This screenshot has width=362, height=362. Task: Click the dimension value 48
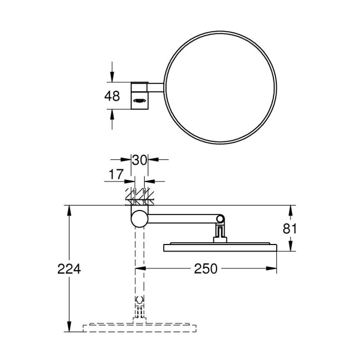click(112, 95)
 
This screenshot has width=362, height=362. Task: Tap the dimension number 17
click(115, 175)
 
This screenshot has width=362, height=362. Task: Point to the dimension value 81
click(290, 228)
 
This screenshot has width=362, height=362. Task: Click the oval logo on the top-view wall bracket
click(139, 101)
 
